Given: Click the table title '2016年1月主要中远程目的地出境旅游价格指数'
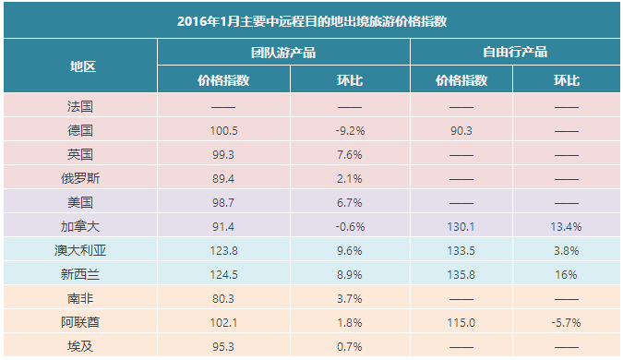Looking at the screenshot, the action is coord(312,21).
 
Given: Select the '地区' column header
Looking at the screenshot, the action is coord(83,66).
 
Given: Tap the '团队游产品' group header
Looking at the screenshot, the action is coord(283,53).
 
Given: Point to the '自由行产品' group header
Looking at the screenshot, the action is coord(515,52).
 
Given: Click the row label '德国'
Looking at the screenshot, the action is coord(80,130).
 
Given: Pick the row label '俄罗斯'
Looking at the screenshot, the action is coord(80,178).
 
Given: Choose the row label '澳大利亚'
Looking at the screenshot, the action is coord(80,250).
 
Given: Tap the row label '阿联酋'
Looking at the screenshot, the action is coord(80,322).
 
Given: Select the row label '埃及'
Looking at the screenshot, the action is coord(80,346).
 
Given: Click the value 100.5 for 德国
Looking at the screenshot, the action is coord(223,131).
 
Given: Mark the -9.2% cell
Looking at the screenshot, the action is coord(350,131).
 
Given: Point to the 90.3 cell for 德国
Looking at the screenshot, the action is coord(461,131).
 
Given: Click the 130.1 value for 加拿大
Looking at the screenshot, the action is coord(461,226).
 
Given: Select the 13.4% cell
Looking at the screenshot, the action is coord(566,226).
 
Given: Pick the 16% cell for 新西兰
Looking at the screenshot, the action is coord(566,274).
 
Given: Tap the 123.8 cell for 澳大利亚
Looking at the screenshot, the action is coord(223,251).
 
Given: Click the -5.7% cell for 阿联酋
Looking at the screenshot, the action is coord(566,323).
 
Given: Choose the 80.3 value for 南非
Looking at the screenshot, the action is coord(223,299).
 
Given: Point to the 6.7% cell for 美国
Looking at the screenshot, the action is coord(350,203).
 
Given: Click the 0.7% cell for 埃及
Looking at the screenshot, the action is coord(350,347).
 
